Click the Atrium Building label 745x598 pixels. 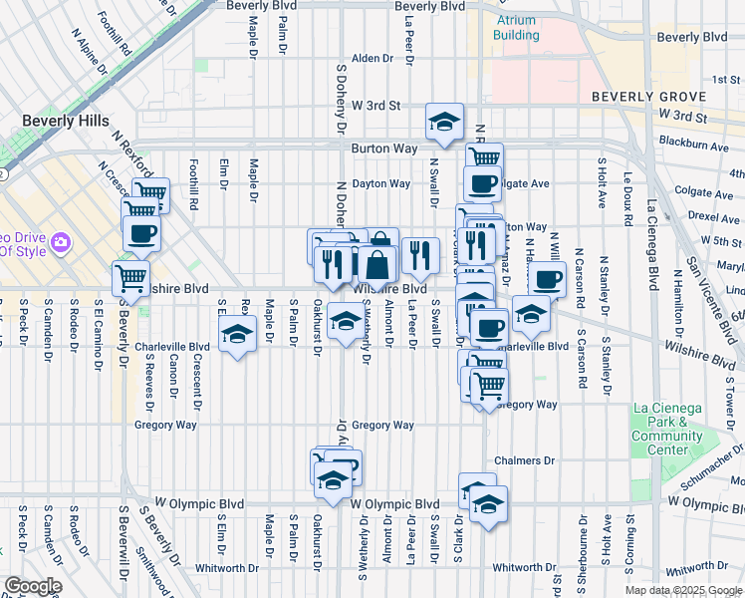pyautogui.click(x=515, y=28)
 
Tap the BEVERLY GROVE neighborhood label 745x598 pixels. pyautogui.click(x=647, y=97)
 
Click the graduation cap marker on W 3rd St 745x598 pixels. pyautogui.click(x=445, y=123)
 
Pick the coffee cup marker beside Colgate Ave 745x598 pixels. pyautogui.click(x=484, y=183)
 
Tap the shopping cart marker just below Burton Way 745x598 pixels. pyautogui.click(x=484, y=157)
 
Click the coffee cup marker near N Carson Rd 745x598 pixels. pyautogui.click(x=547, y=279)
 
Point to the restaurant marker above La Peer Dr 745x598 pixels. pyautogui.click(x=420, y=254)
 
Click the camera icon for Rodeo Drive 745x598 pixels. pyautogui.click(x=61, y=242)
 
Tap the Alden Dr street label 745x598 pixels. pyautogui.click(x=372, y=59)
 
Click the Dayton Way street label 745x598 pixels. pyautogui.click(x=380, y=183)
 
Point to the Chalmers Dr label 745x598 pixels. pyautogui.click(x=535, y=460)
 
